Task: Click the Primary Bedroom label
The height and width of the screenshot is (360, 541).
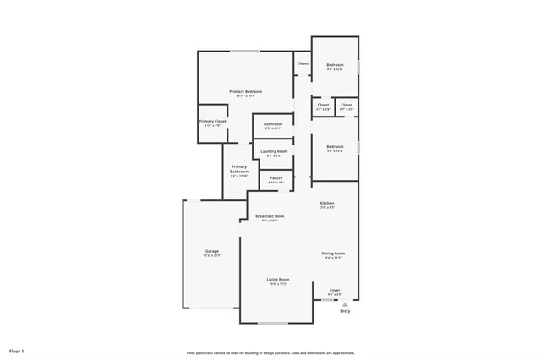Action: point(246,91)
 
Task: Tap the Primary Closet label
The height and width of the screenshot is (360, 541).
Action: point(213,122)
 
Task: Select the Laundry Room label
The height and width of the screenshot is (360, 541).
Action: point(274,151)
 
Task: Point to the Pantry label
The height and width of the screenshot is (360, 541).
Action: point(276,177)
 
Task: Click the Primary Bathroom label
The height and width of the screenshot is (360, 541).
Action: point(239,169)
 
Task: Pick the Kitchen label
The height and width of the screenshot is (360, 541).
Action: point(327,204)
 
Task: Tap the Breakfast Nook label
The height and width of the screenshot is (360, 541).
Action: point(270,216)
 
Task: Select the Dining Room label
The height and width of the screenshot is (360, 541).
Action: point(333,254)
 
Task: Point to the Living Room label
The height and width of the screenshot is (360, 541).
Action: point(278,280)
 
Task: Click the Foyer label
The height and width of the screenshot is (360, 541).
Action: point(335,290)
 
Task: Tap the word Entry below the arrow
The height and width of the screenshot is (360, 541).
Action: point(345,312)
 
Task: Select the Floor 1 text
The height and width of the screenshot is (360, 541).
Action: point(17,350)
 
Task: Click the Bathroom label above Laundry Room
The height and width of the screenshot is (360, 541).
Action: point(273,124)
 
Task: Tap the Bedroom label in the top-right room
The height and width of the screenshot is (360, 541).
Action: point(336,65)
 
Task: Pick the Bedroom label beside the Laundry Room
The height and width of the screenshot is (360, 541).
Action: point(336,146)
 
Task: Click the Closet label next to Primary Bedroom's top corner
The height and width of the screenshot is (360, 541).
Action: point(303,63)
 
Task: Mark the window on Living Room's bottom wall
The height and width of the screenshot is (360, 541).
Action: point(274,323)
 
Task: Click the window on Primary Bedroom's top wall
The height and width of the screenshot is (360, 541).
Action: point(245,52)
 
